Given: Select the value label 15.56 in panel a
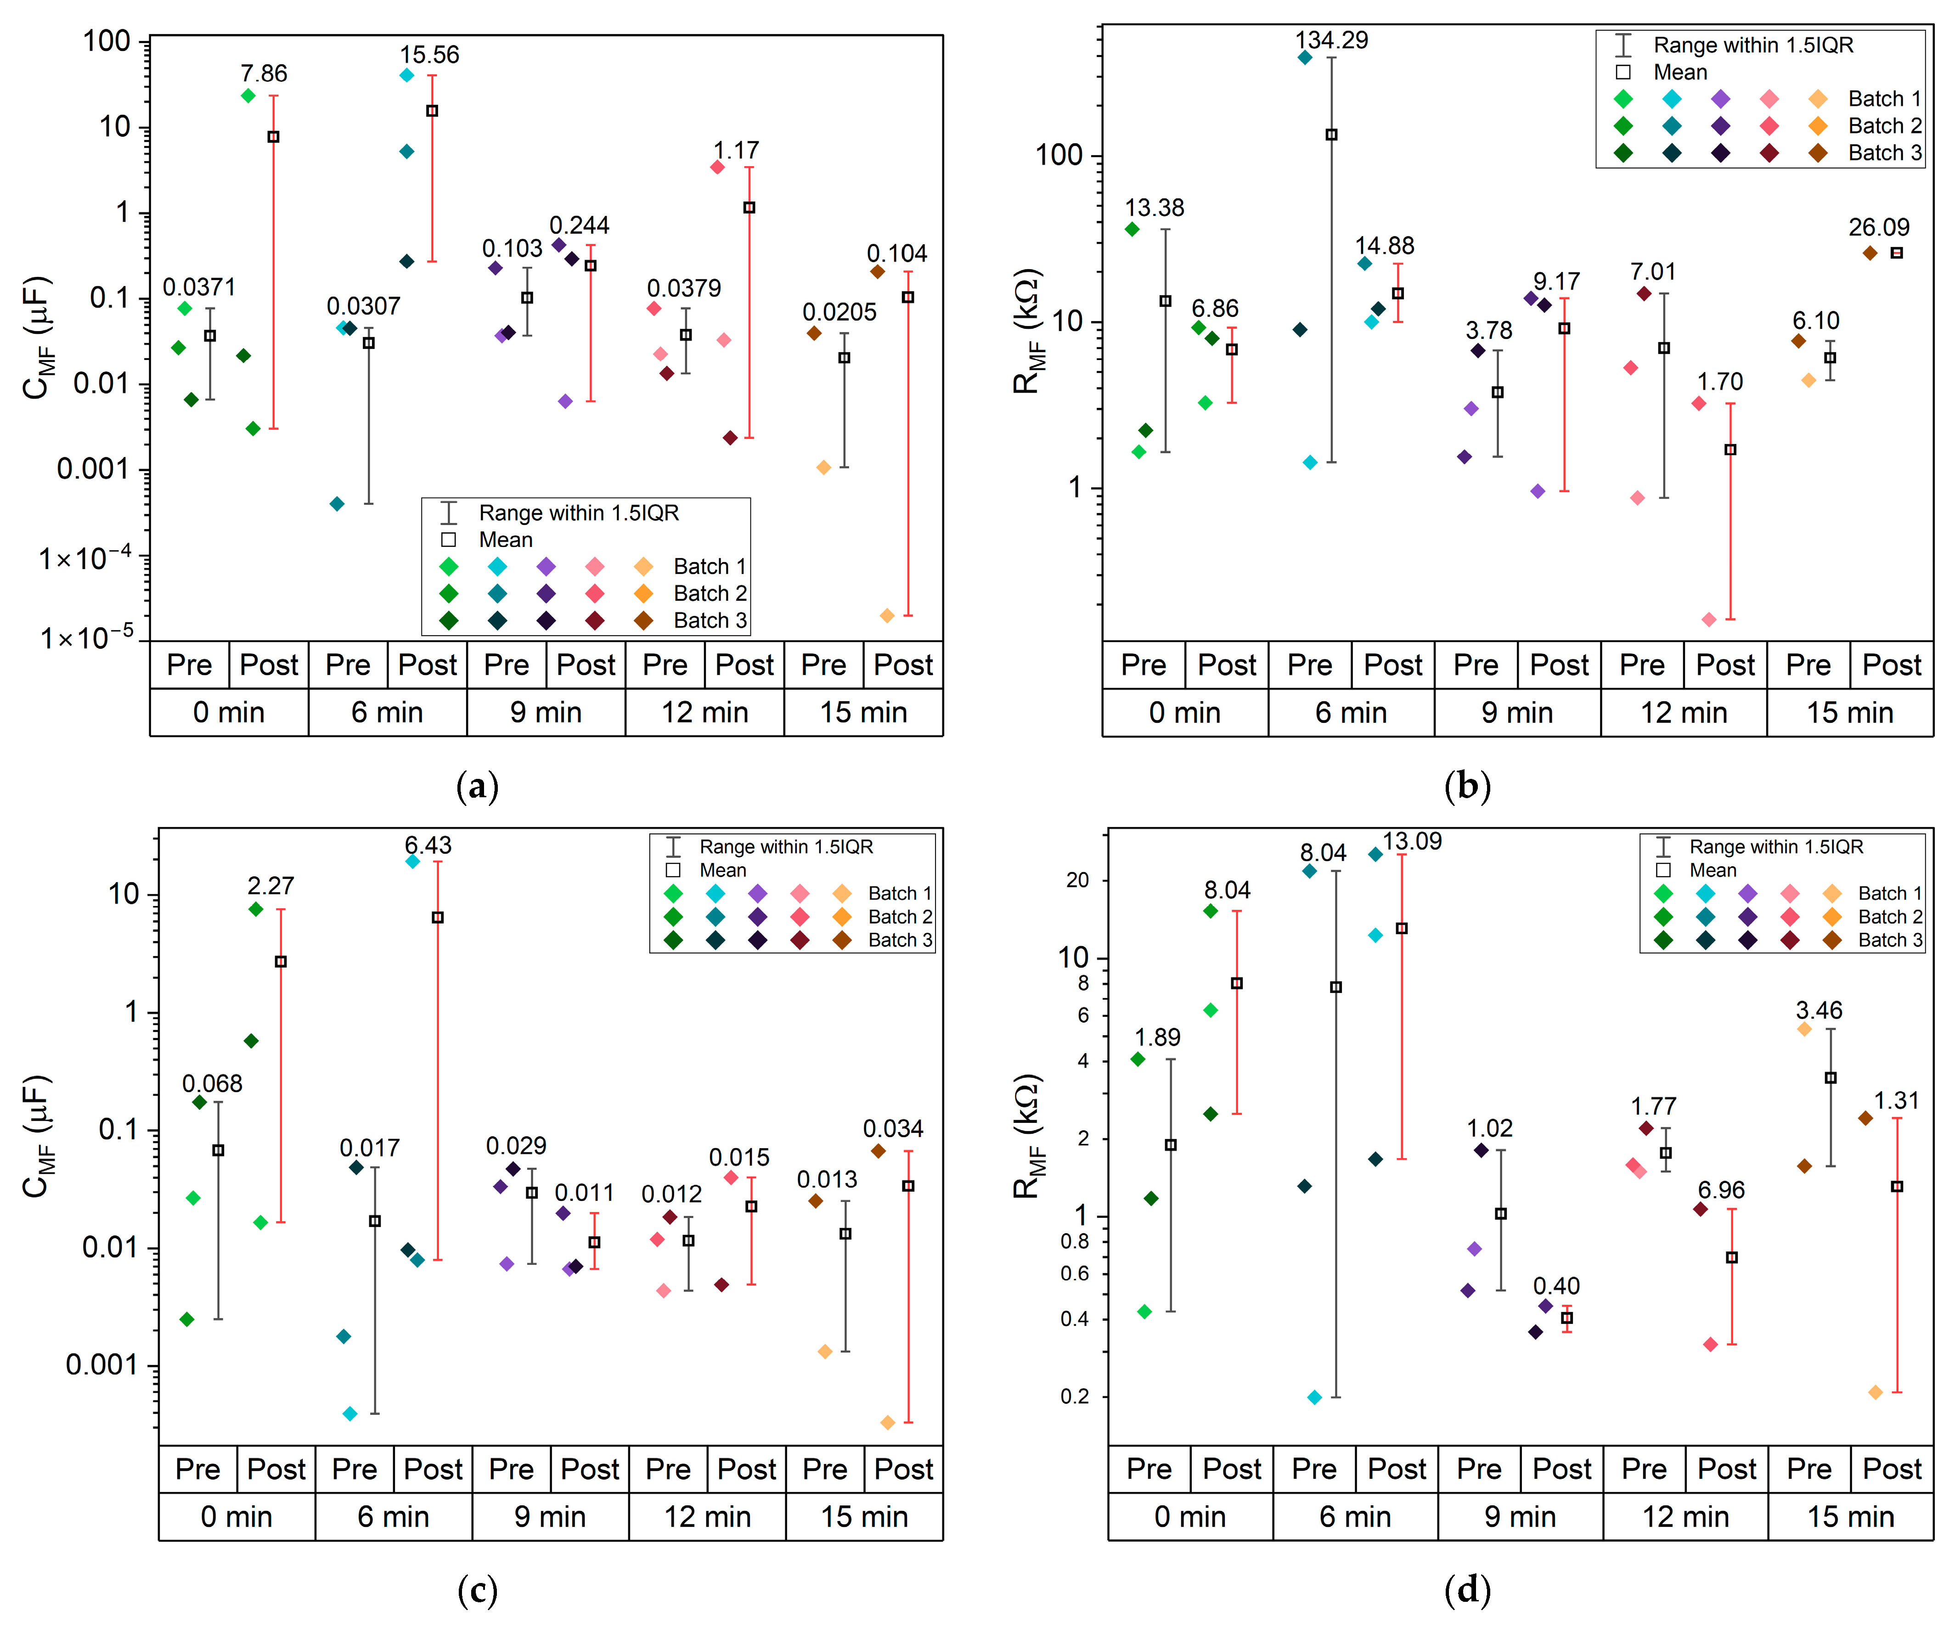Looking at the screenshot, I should (x=429, y=55).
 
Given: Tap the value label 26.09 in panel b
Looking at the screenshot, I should (x=1879, y=227).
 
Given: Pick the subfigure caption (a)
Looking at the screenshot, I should (x=478, y=787).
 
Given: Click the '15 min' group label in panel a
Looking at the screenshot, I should (x=863, y=713).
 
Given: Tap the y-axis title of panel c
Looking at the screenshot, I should (x=37, y=1137).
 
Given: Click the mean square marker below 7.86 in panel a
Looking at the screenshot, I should (x=273, y=137).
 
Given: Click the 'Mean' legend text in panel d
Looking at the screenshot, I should (x=1713, y=870).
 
